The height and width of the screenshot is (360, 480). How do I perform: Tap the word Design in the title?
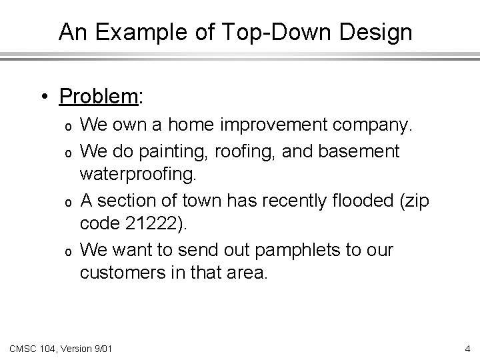tap(379, 32)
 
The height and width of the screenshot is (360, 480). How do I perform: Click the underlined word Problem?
tap(99, 97)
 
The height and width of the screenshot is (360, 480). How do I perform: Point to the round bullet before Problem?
tap(43, 98)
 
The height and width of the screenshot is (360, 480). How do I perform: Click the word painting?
tap(176, 151)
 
